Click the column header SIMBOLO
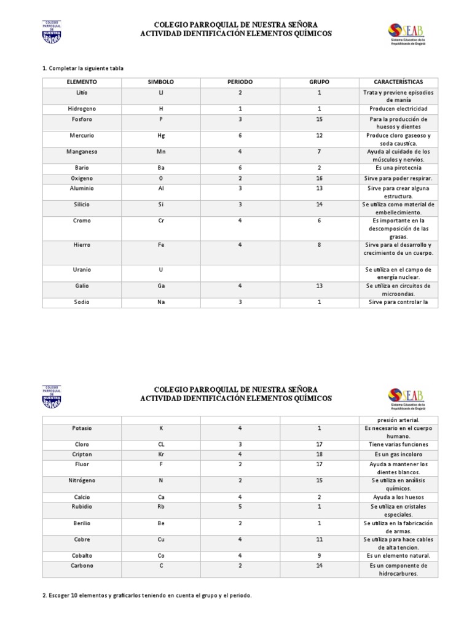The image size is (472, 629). (x=161, y=82)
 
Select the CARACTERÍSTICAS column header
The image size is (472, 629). (x=398, y=82)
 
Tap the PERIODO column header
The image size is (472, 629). (x=240, y=82)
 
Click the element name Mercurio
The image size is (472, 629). (x=82, y=135)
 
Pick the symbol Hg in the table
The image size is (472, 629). (x=161, y=135)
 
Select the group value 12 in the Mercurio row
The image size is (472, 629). (x=320, y=135)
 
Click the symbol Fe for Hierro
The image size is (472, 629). (x=161, y=244)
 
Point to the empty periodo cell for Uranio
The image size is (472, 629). (x=240, y=273)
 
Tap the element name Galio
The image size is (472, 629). (x=82, y=286)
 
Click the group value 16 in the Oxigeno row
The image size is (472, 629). (x=320, y=178)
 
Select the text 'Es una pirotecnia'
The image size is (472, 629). (x=398, y=167)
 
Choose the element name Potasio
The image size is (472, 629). (x=82, y=428)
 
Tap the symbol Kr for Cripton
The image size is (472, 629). (x=161, y=454)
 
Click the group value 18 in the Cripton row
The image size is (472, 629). (x=320, y=454)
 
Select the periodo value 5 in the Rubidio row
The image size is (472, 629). (x=240, y=507)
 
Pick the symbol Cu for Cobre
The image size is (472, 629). (x=161, y=539)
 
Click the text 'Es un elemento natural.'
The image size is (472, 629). (x=398, y=555)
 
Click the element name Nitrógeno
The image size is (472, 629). (x=82, y=480)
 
